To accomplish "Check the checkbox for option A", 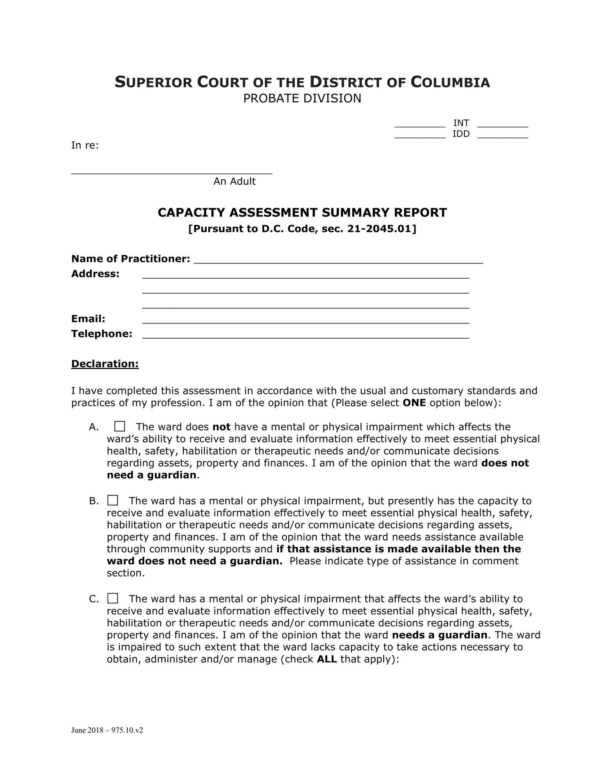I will point(119,426).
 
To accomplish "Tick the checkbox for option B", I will point(113,500).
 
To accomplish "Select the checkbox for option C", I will point(113,598).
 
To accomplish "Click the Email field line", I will point(305,321).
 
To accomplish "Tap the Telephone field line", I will point(305,336).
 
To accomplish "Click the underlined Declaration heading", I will point(105,364).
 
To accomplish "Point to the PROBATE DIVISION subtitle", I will point(302,98).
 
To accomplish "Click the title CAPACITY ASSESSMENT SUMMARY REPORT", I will point(302,212).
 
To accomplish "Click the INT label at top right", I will point(461,123).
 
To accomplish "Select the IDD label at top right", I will point(461,134).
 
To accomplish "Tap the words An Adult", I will point(234,181).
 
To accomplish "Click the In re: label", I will point(85,145).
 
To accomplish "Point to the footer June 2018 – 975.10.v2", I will point(107,730).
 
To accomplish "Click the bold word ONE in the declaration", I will point(414,403).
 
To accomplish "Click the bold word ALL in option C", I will point(327,659).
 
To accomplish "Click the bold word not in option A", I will point(221,427).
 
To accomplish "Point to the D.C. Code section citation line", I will point(302,229).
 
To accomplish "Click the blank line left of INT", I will point(419,126).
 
